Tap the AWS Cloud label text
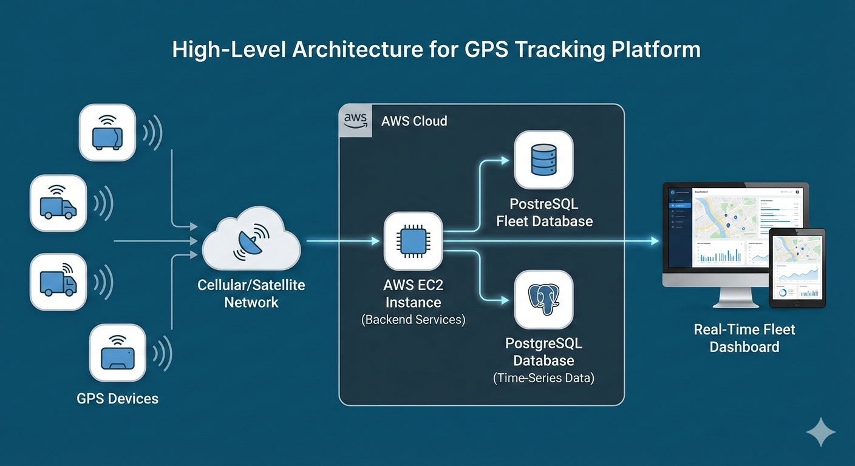click(414, 121)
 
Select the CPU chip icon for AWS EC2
click(414, 241)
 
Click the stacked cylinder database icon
click(543, 160)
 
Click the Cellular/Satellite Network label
click(251, 294)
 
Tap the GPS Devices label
click(117, 399)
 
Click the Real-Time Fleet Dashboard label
click(744, 339)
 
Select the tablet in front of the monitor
click(797, 268)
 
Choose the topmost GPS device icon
click(107, 132)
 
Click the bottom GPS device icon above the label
click(117, 353)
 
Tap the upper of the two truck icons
click(58, 203)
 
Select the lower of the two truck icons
click(58, 282)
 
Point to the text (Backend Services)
click(413, 320)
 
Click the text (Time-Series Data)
click(543, 378)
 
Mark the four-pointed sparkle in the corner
click(820, 432)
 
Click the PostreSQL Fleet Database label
click(544, 212)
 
